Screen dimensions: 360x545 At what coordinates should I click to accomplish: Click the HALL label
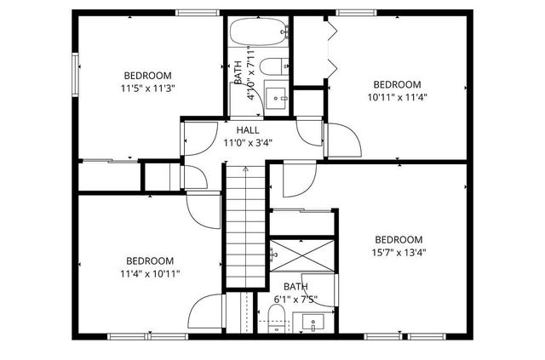pos(248,129)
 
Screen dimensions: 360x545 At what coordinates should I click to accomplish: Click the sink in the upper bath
pos(276,96)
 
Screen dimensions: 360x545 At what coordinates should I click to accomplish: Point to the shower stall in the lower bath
pos(303,253)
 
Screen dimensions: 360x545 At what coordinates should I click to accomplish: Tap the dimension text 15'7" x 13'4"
pos(398,252)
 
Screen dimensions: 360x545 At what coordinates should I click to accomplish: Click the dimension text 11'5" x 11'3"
pos(147,88)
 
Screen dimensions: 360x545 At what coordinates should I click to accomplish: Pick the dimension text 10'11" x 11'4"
pos(397,97)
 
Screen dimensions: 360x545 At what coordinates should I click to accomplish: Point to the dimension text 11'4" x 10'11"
pos(150,273)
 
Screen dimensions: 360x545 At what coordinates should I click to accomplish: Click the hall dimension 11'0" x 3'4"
pos(248,143)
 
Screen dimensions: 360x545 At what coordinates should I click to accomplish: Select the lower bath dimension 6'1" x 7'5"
pos(295,300)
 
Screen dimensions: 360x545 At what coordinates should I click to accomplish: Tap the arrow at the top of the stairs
pos(246,170)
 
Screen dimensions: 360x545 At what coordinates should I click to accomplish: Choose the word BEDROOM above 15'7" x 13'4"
pos(398,239)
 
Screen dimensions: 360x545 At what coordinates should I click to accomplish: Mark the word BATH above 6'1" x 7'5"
pos(295,287)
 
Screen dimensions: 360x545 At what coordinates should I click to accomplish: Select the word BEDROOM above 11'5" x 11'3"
pos(147,75)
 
